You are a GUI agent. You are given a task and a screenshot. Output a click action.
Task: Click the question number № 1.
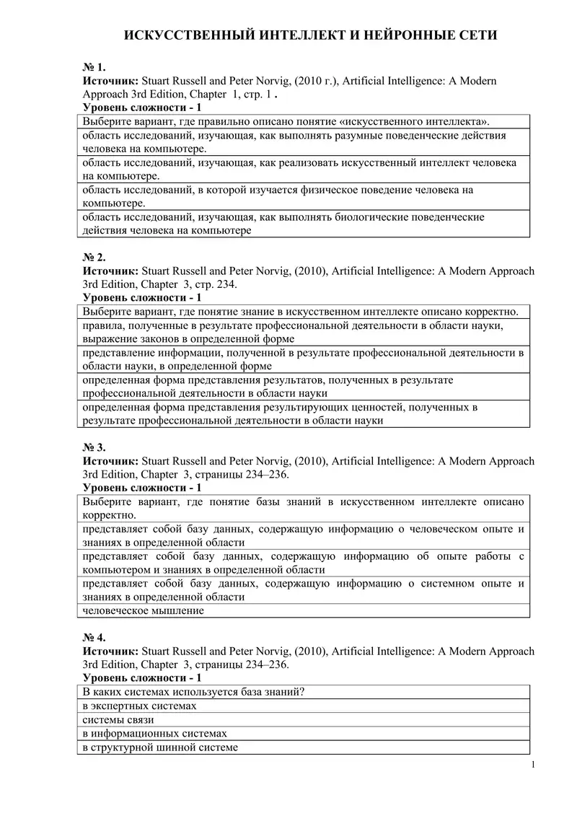coord(94,67)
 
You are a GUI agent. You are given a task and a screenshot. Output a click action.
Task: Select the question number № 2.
coord(94,258)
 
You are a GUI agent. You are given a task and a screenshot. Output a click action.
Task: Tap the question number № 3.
coord(94,447)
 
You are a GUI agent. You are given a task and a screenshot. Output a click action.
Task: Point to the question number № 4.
coord(94,637)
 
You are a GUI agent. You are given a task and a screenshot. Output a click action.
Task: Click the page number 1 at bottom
coord(532,765)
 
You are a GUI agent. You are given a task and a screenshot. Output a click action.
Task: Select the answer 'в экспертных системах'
coord(139,706)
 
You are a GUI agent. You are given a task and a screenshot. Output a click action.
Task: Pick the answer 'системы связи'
coord(118,719)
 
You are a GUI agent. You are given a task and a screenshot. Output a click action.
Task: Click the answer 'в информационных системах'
coord(154,733)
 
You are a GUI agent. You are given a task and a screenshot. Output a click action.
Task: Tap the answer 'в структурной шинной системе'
coord(160,747)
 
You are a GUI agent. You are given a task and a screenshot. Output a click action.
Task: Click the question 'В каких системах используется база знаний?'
coord(193,692)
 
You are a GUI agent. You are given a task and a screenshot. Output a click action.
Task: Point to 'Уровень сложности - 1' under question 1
coord(142,108)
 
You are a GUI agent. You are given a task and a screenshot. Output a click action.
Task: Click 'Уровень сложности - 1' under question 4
coord(142,678)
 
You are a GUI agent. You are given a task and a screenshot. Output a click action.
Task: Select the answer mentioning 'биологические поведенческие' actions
coord(283,224)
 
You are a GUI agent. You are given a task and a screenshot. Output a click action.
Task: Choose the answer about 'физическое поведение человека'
coord(277,196)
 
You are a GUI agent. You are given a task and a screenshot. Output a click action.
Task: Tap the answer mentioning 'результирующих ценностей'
coord(280,413)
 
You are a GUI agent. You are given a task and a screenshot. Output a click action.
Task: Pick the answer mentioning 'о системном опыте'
coord(303,590)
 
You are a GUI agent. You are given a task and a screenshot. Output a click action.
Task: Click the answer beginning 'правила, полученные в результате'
coord(292,332)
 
